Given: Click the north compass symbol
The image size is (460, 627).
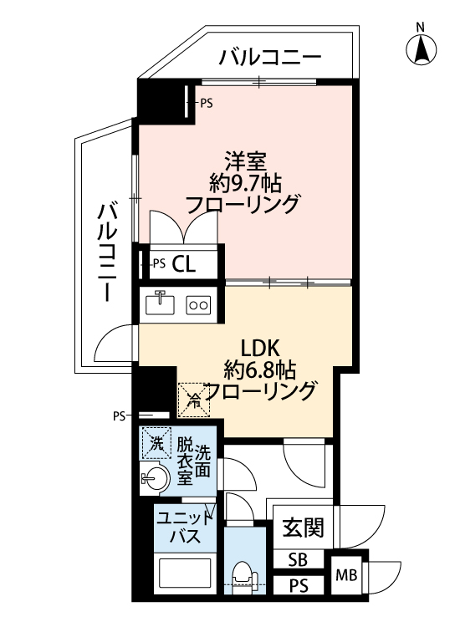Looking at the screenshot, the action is pyautogui.click(x=421, y=50).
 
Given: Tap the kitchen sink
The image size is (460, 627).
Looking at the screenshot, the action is pyautogui.click(x=160, y=303).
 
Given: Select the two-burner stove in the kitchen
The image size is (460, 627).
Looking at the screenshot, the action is pyautogui.click(x=198, y=305).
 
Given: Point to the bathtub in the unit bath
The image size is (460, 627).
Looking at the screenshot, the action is pyautogui.click(x=185, y=573).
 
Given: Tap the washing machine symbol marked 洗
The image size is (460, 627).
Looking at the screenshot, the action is pyautogui.click(x=156, y=442).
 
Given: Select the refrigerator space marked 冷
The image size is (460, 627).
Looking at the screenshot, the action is pyautogui.click(x=194, y=400).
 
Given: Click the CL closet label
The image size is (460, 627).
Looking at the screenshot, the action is pyautogui.click(x=184, y=264).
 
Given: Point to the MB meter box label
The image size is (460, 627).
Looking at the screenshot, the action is pyautogui.click(x=346, y=576).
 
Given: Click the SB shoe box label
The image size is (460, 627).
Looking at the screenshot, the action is pyautogui.click(x=298, y=560).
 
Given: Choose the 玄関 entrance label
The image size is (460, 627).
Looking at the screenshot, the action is pyautogui.click(x=304, y=528).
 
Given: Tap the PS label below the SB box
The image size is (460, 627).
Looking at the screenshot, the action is pyautogui.click(x=299, y=586).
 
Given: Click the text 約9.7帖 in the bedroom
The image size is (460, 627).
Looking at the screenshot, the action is pyautogui.click(x=246, y=184).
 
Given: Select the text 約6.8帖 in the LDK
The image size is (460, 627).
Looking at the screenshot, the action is pyautogui.click(x=260, y=370).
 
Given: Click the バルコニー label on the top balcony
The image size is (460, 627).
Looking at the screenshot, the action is pyautogui.click(x=270, y=57).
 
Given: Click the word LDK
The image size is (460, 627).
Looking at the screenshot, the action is pyautogui.click(x=260, y=349).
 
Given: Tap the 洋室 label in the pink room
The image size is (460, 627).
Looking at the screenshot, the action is pyautogui.click(x=246, y=161).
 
